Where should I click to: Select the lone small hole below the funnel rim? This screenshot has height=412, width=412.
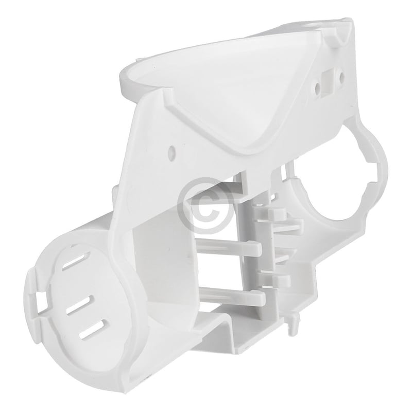coord(171,152)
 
